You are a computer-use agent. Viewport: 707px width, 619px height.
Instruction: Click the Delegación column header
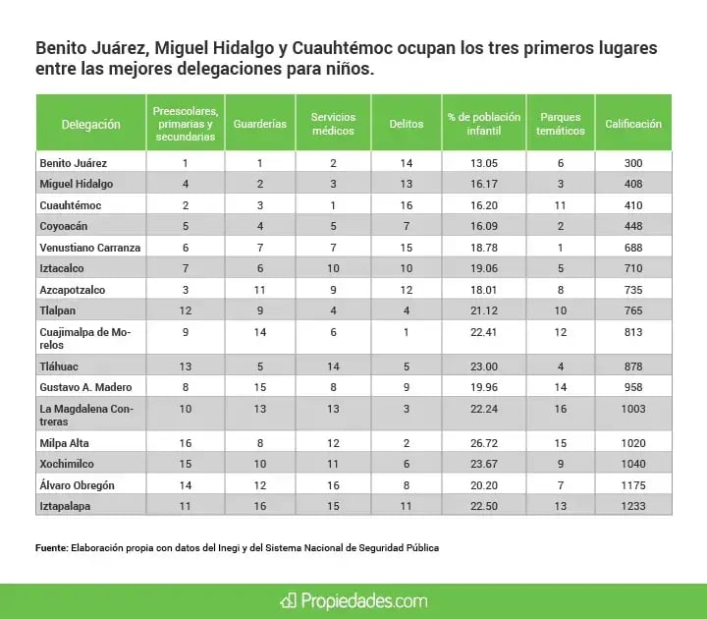pyautogui.click(x=90, y=125)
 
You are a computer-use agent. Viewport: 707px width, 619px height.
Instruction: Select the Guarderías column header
pyautogui.click(x=260, y=125)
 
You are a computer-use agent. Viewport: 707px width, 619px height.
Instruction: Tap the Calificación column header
pyautogui.click(x=633, y=125)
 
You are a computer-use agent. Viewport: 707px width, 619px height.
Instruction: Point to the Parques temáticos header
pyautogui.click(x=560, y=125)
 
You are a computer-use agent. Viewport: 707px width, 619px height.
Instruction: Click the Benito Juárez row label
pyautogui.click(x=73, y=162)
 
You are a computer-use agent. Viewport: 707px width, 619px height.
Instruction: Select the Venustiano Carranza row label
pyautogui.click(x=89, y=248)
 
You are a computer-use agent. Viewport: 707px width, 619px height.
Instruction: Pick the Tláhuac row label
pyautogui.click(x=59, y=366)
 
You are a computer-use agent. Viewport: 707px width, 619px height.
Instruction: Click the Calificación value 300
pyautogui.click(x=633, y=162)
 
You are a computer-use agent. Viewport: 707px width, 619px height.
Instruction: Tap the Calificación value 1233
pyautogui.click(x=633, y=505)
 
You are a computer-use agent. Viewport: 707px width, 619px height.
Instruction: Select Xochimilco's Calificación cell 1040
pyautogui.click(x=633, y=462)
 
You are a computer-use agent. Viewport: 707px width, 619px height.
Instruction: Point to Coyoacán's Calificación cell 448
pyautogui.click(x=633, y=226)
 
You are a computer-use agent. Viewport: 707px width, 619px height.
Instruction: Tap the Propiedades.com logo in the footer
pyautogui.click(x=353, y=598)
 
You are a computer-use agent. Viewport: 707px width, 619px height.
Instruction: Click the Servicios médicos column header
pyautogui.click(x=333, y=125)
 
